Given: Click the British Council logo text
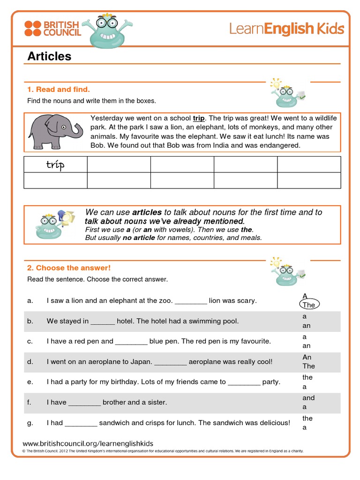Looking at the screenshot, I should tap(62, 28).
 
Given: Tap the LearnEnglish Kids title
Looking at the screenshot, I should tap(286, 29).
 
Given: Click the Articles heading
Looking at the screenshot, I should tap(49, 56).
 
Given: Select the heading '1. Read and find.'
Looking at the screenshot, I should tap(58, 89).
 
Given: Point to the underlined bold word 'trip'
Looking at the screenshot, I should tap(199, 118).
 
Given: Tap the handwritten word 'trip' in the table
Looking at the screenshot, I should tap(55, 165).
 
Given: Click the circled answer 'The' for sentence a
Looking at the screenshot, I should tap(309, 305).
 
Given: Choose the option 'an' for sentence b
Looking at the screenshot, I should tap(307, 325).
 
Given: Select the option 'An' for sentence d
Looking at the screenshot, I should tap(307, 357).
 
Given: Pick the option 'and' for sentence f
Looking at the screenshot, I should tap(308, 398).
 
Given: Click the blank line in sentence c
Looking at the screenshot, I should tap(131, 342).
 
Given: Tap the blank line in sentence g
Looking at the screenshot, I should tap(81, 423).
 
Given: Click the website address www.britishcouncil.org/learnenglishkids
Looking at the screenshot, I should tap(88, 443).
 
